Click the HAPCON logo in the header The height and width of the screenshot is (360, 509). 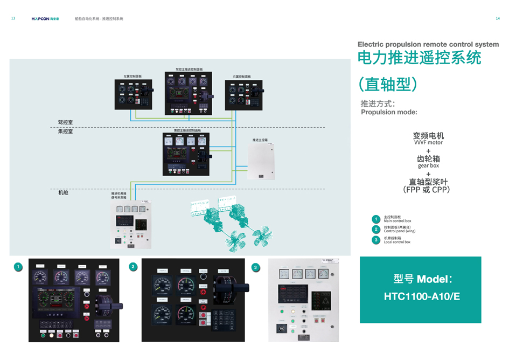[x=45, y=19]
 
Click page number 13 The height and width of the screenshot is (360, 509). [x=13, y=18]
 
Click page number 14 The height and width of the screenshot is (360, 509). [x=497, y=18]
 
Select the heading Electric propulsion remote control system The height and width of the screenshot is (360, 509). [x=428, y=44]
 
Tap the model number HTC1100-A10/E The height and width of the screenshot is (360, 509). [x=421, y=296]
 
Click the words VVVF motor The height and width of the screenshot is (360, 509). [x=428, y=143]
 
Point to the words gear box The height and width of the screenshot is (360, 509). [x=428, y=165]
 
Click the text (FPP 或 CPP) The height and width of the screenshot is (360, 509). [x=427, y=190]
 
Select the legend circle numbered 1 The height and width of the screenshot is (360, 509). [x=376, y=219]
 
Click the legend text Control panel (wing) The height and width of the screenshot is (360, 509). [x=399, y=231]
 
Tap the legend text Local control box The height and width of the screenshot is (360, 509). [x=397, y=242]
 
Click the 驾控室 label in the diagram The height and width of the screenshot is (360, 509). [x=65, y=122]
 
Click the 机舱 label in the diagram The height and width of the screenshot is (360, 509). [x=63, y=192]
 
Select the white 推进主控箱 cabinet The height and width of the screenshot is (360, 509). [x=261, y=161]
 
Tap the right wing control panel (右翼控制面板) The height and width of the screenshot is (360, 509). [x=243, y=95]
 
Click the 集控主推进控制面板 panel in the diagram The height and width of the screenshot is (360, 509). [x=186, y=154]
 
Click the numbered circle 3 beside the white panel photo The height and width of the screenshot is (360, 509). [x=255, y=267]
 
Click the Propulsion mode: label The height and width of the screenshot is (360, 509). [x=388, y=113]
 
